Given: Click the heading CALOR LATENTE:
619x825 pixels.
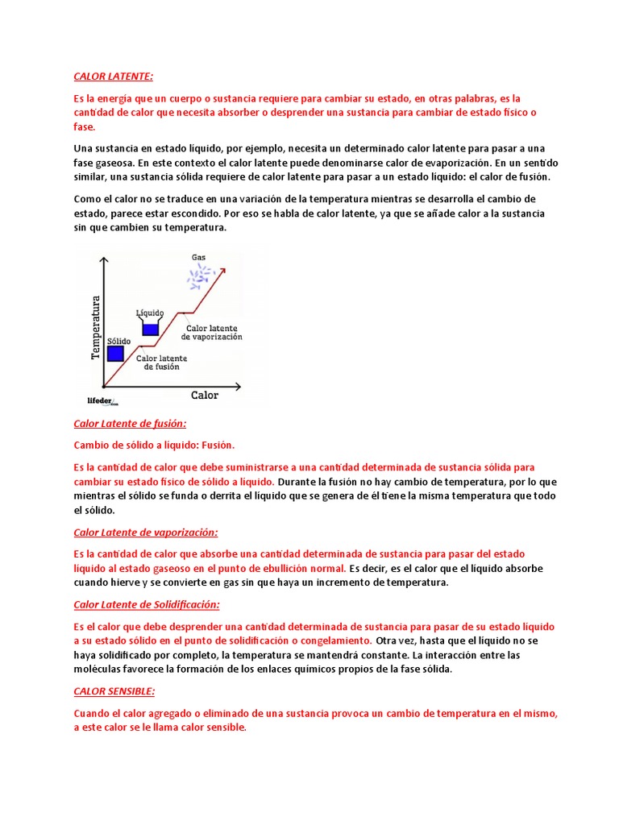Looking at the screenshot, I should (x=113, y=77).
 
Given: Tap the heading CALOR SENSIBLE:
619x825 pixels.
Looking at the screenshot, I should (x=114, y=691).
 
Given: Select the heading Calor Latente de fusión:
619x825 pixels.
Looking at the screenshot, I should (x=130, y=423).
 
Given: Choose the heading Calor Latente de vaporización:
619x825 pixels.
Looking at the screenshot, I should (x=146, y=533).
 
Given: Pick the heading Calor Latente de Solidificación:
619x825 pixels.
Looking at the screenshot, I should (x=147, y=604).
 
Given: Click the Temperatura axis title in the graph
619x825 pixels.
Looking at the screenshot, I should (x=95, y=327).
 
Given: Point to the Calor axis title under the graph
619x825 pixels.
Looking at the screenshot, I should (x=204, y=395).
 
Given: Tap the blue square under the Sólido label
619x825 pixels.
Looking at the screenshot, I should (x=115, y=353).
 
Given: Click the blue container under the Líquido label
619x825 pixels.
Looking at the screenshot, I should (x=151, y=328).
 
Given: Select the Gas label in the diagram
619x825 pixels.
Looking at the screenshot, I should (x=198, y=258).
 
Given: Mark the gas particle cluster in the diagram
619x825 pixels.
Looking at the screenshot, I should (x=198, y=278).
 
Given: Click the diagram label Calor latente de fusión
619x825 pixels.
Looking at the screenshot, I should (x=161, y=363).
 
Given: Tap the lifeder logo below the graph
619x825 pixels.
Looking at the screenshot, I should (x=102, y=400).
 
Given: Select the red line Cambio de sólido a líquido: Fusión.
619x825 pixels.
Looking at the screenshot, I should (x=154, y=445).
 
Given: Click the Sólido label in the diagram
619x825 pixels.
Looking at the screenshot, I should (x=118, y=341).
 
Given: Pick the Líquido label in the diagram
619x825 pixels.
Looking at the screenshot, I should (x=151, y=313).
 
